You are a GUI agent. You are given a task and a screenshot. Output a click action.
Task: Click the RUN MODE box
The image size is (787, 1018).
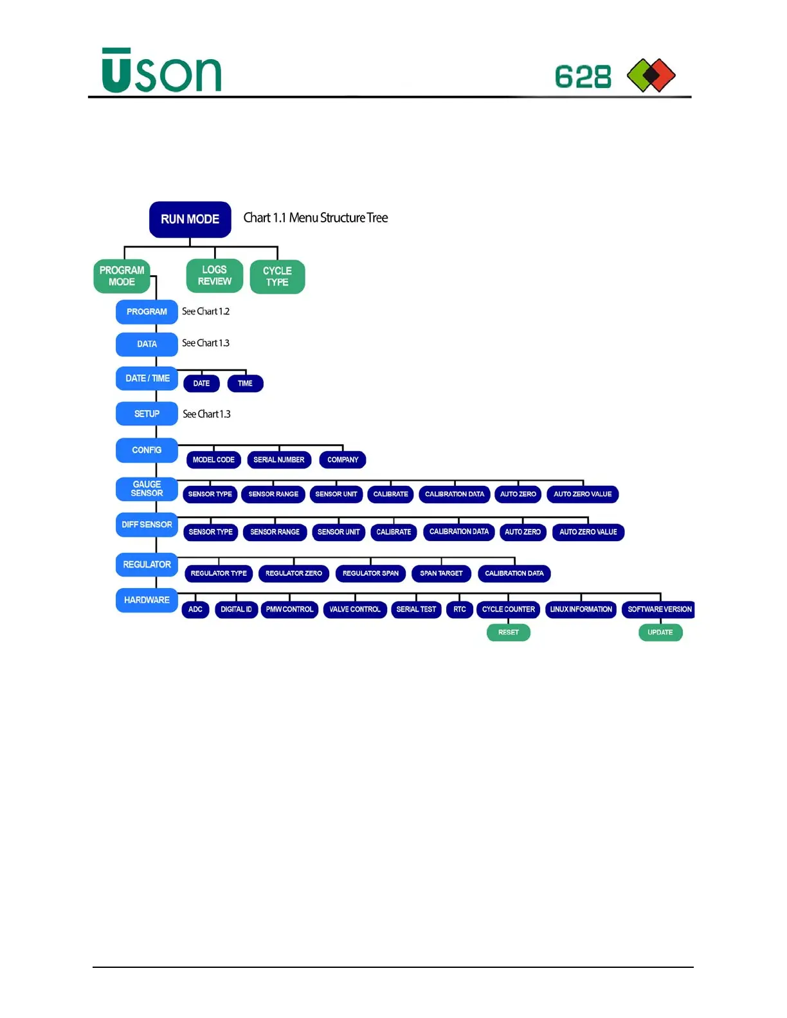[190, 219]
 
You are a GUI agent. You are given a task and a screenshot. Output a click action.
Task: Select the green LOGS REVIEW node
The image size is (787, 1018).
[214, 276]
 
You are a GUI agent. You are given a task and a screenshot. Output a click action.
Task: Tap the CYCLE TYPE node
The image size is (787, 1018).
[277, 276]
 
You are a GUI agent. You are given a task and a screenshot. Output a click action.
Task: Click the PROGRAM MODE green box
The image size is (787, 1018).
[122, 276]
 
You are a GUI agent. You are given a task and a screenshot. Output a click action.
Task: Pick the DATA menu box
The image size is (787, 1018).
[147, 344]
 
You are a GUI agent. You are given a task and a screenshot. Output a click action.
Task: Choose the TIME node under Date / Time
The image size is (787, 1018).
[245, 384]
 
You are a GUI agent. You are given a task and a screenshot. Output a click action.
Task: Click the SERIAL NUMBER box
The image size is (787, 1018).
[279, 460]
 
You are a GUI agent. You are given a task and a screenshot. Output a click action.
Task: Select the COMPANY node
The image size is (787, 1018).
[343, 460]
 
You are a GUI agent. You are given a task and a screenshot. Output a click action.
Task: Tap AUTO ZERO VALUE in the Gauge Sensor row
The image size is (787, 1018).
[583, 494]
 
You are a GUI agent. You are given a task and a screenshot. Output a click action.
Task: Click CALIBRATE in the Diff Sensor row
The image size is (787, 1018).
[394, 532]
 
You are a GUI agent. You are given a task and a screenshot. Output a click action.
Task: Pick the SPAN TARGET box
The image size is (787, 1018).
[441, 573]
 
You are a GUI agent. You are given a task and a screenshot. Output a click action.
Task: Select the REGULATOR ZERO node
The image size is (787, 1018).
[294, 573]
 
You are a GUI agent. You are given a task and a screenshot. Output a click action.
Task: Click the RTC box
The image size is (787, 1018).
[460, 609]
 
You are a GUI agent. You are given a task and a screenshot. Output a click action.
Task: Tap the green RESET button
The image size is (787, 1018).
[508, 632]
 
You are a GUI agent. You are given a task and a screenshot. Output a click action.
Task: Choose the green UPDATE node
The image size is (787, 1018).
[660, 632]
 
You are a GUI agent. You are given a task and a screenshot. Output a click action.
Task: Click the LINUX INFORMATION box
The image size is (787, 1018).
[581, 609]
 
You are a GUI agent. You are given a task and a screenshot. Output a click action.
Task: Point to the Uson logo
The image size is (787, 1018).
[161, 71]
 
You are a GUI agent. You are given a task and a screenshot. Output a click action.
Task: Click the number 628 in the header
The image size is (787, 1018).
[583, 77]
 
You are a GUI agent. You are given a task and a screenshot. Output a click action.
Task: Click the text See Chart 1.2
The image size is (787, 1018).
[206, 312]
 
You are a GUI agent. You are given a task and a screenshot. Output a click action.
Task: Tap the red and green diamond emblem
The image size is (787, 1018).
[651, 75]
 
